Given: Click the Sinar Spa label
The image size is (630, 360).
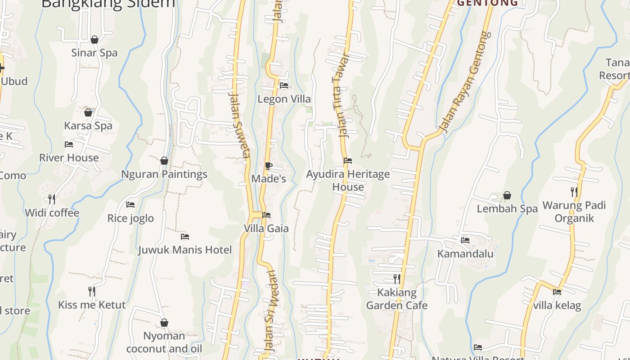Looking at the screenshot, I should (x=94, y=53).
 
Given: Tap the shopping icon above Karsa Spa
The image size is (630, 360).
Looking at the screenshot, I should (x=88, y=112).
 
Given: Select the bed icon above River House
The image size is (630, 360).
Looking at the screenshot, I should (x=69, y=144).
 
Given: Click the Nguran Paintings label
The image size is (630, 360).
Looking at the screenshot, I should (x=164, y=174).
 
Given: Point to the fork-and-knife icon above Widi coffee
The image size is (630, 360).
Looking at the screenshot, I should (x=52, y=199).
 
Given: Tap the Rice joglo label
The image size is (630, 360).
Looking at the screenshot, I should (x=130, y=218).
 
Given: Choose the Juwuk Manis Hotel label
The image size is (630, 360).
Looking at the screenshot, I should (x=185, y=250).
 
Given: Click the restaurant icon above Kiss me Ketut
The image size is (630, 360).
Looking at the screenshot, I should (x=92, y=291).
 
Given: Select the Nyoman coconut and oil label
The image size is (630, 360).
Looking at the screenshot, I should (x=164, y=342).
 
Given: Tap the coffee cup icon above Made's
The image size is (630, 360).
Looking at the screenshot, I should (x=268, y=166).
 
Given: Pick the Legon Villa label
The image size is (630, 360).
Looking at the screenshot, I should (x=284, y=99).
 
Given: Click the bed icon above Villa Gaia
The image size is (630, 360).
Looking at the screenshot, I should (x=266, y=215).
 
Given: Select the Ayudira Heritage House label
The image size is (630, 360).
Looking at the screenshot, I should (x=348, y=180).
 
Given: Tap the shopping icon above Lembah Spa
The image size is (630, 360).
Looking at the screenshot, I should (x=507, y=195).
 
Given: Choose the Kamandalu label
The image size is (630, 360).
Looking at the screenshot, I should (x=465, y=253).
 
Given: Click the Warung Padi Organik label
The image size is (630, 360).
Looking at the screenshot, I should (x=574, y=211).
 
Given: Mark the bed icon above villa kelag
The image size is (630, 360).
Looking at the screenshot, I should (x=557, y=292).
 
